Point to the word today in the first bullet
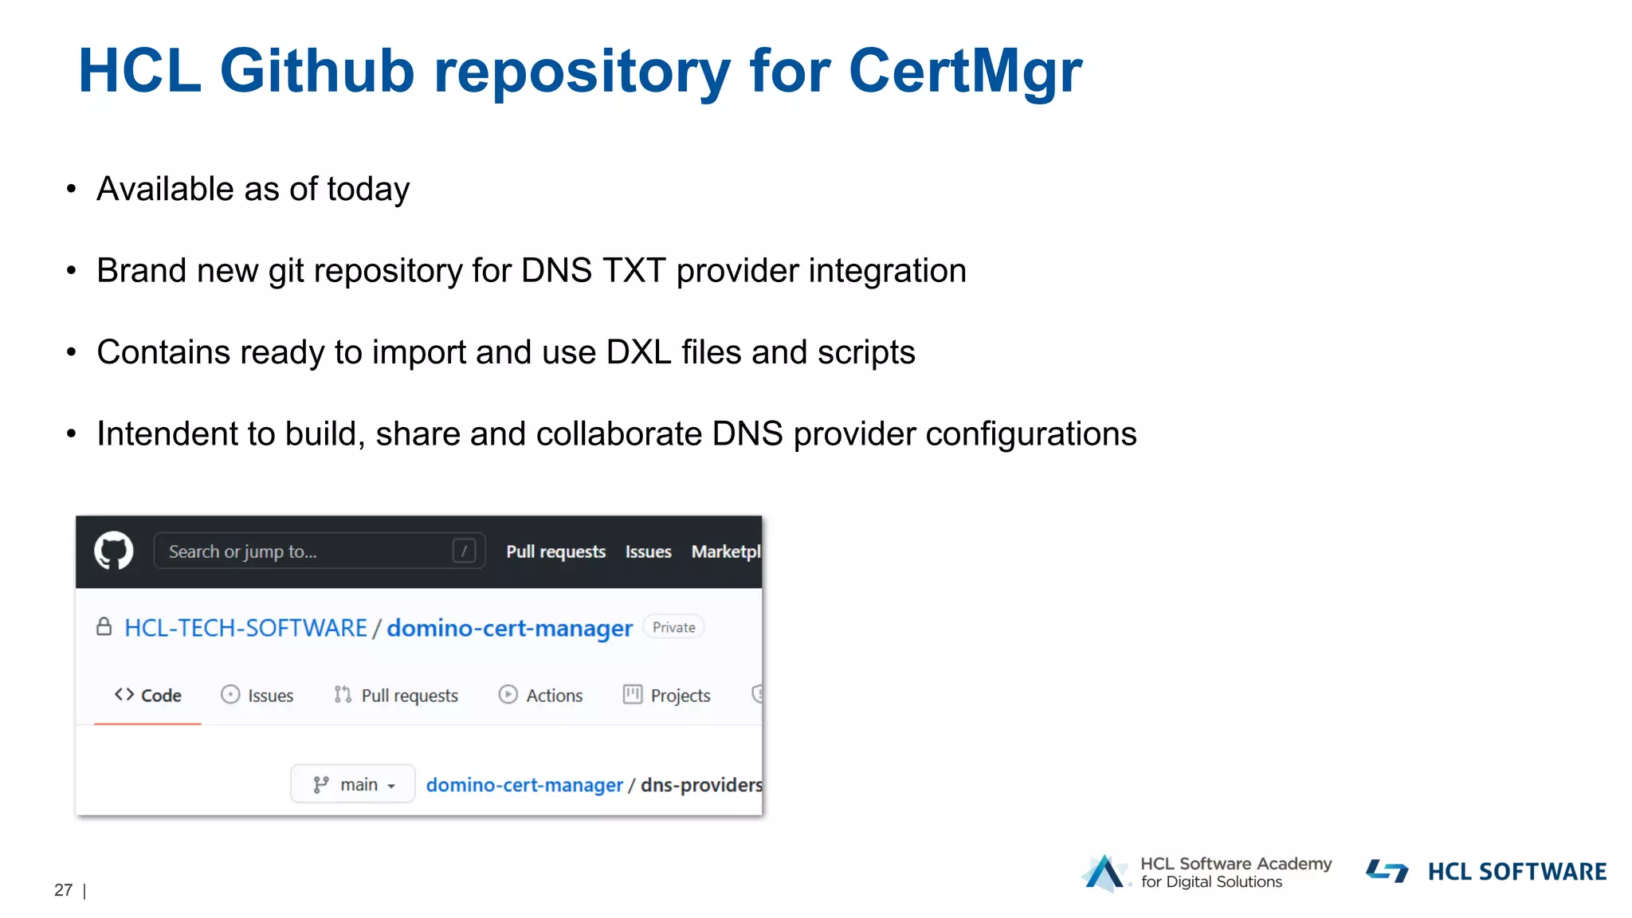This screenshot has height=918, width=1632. point(368,190)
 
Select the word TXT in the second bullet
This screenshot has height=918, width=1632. point(634,271)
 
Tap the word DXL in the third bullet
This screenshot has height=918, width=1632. point(639,352)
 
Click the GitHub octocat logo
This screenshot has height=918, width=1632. point(114,551)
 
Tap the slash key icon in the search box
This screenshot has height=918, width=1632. point(464,551)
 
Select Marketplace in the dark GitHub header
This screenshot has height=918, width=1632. point(725,551)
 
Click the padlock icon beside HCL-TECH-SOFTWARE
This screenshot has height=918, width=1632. point(104,627)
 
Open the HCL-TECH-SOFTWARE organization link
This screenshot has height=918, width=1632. point(245,628)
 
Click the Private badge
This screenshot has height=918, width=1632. point(673,627)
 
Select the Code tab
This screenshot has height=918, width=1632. point(148,696)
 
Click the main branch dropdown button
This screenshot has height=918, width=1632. point(353,785)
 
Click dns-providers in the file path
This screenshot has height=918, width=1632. point(700,785)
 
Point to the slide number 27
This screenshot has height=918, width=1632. point(63,890)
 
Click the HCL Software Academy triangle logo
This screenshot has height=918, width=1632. point(1104,873)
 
